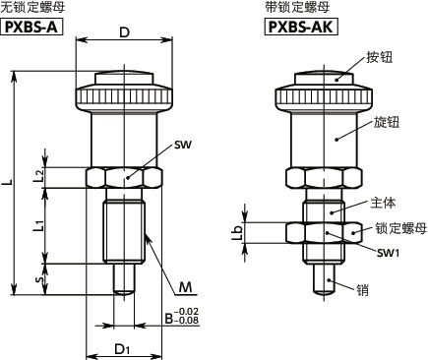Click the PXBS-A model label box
coord(31,27)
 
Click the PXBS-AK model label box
coord(301,27)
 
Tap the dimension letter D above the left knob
coord(124,32)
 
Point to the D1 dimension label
coord(122,349)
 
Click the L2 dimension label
coord(38,176)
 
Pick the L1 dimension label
coord(38,226)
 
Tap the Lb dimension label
coord(237,232)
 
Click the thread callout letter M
coord(185,287)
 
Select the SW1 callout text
coord(388,253)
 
